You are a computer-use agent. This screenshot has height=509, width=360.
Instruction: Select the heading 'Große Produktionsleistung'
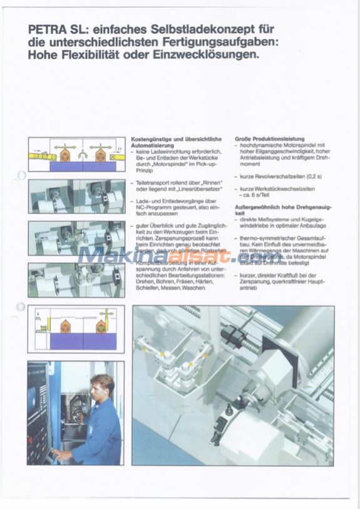[270, 138]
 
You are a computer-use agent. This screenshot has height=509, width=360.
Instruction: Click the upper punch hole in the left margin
[20, 176]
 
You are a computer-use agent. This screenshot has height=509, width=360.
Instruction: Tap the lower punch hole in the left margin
[21, 308]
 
